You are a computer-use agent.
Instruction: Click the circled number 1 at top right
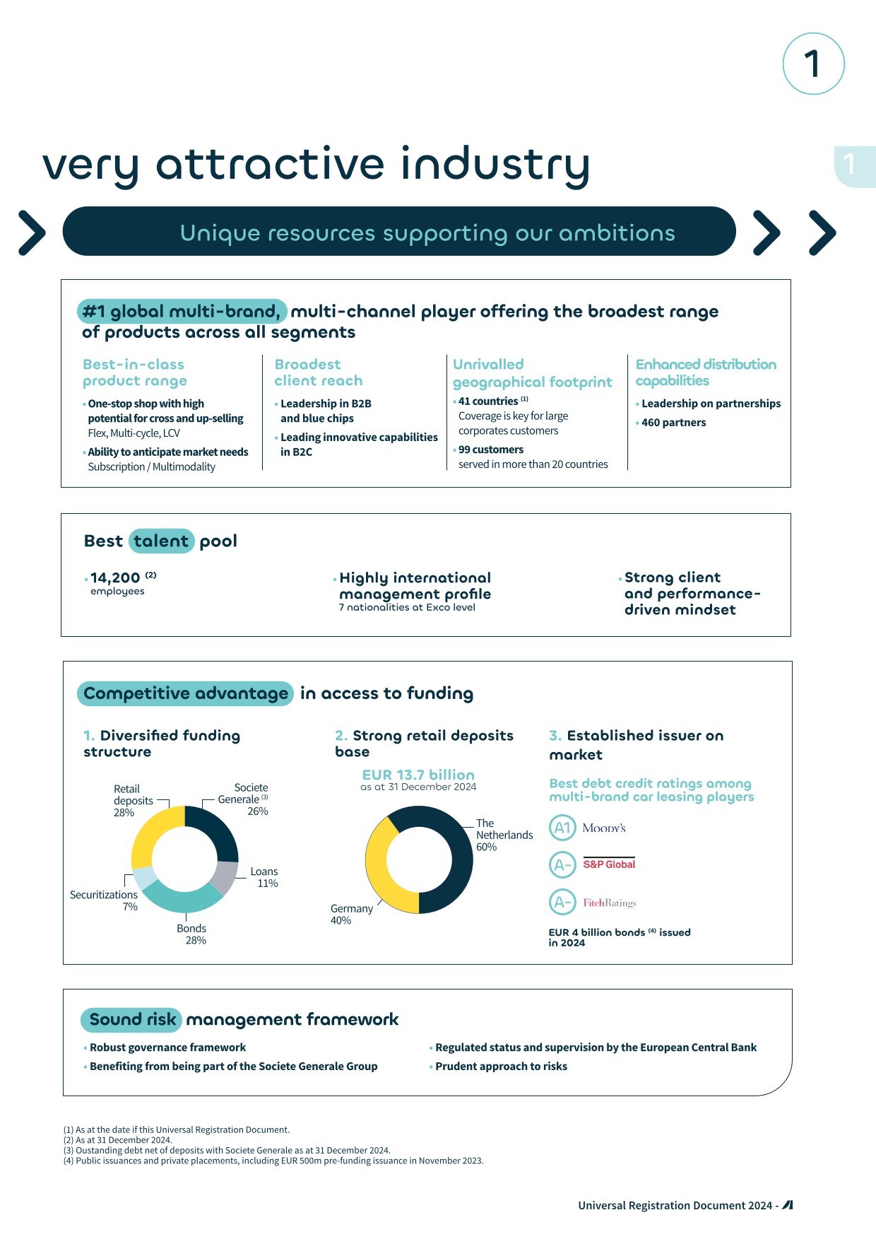pos(813,64)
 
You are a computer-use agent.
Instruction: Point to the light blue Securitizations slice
pos(145,877)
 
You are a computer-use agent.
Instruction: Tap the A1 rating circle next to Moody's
pos(562,828)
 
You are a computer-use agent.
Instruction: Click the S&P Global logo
pos(609,864)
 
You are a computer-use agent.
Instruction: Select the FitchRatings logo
pos(610,903)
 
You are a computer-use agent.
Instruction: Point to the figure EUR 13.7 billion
pos(418,775)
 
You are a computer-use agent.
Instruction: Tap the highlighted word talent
pos(161,541)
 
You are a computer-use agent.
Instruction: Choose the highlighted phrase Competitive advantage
pos(185,693)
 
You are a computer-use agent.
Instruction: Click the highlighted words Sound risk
pos(132,1019)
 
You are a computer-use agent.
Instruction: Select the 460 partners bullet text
pos(673,423)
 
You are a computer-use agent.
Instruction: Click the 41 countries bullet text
pos(488,401)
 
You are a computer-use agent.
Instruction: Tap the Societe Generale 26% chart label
pos(244,799)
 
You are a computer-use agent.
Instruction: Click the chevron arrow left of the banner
pos(32,232)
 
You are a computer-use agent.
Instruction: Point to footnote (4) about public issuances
pos(273,1160)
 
